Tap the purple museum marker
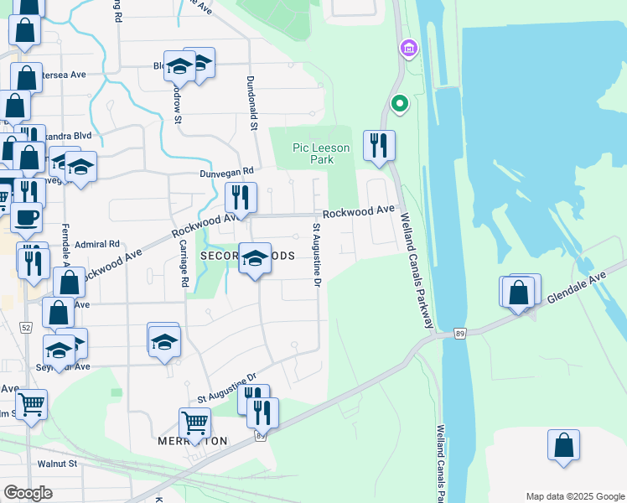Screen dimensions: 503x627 tap(409, 49)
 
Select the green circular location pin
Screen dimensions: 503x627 tap(400, 105)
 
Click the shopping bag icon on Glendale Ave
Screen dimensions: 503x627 tap(520, 293)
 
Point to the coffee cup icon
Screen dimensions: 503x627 tap(25, 217)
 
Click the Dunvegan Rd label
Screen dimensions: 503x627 tap(203, 174)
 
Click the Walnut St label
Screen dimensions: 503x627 tap(57, 463)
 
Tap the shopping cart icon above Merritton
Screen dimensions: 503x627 tap(194, 423)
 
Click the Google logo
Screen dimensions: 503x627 tap(28, 492)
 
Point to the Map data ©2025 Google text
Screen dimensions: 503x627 tap(574, 495)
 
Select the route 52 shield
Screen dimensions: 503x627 tap(26, 326)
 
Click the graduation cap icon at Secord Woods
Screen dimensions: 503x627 tap(256, 258)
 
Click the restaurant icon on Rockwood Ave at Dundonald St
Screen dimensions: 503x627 tap(241, 198)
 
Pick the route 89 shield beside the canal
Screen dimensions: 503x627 tap(460, 333)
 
